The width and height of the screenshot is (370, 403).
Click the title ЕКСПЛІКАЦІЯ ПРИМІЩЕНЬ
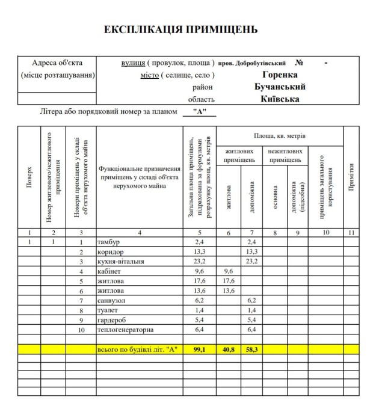pos(180,29)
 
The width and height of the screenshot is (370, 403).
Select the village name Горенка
pos(280,75)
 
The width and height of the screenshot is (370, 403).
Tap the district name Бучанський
pos(280,87)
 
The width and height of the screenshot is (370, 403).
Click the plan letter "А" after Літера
pos(199,112)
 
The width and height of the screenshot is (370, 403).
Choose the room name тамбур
pos(109,242)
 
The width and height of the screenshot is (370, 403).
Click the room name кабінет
pos(109,271)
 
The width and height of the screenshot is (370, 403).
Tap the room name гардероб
pos(111,321)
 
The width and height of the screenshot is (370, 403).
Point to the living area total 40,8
pos(228,349)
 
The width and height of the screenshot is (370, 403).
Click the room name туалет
pos(108,310)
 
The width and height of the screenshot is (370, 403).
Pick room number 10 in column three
pos(81,330)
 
